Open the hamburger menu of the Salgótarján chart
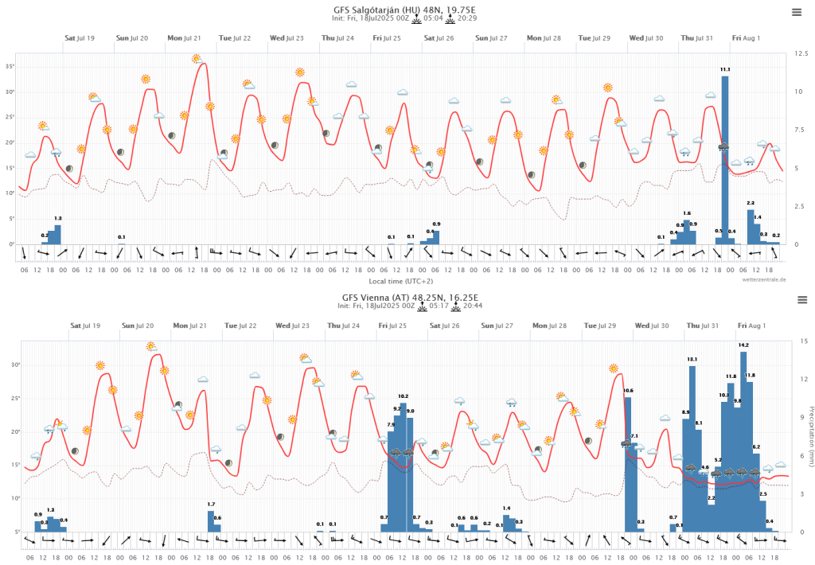(797, 12)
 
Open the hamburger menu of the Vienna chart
(801, 299)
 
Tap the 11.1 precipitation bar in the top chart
(724, 159)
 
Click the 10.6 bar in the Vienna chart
(628, 462)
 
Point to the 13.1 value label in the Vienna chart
(692, 360)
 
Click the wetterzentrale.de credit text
(764, 280)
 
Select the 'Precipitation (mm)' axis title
(809, 436)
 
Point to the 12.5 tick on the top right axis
(801, 53)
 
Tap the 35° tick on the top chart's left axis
(10, 67)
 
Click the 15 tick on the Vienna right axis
(802, 341)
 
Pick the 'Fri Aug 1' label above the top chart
(747, 38)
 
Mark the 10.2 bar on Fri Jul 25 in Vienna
(403, 466)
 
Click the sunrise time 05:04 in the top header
(433, 18)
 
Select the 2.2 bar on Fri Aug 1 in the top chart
(750, 226)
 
